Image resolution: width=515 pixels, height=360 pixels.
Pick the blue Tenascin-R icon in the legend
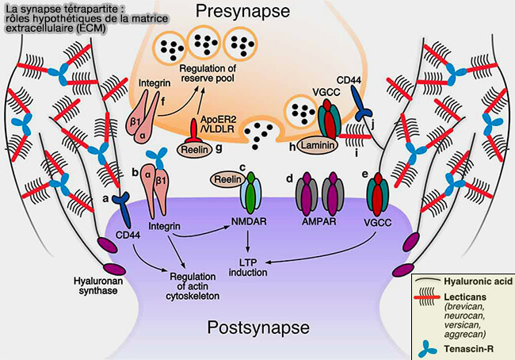click(428, 346)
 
